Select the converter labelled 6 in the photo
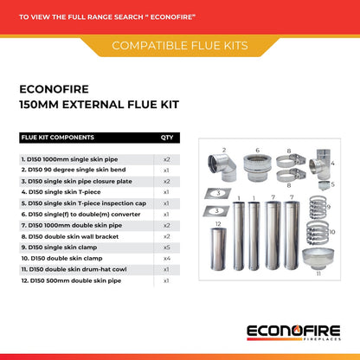257,166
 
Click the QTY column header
166,137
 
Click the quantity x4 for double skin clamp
166,257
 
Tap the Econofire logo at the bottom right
294,332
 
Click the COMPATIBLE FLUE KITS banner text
180,45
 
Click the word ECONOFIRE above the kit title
54,87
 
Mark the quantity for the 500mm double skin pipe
166,280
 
